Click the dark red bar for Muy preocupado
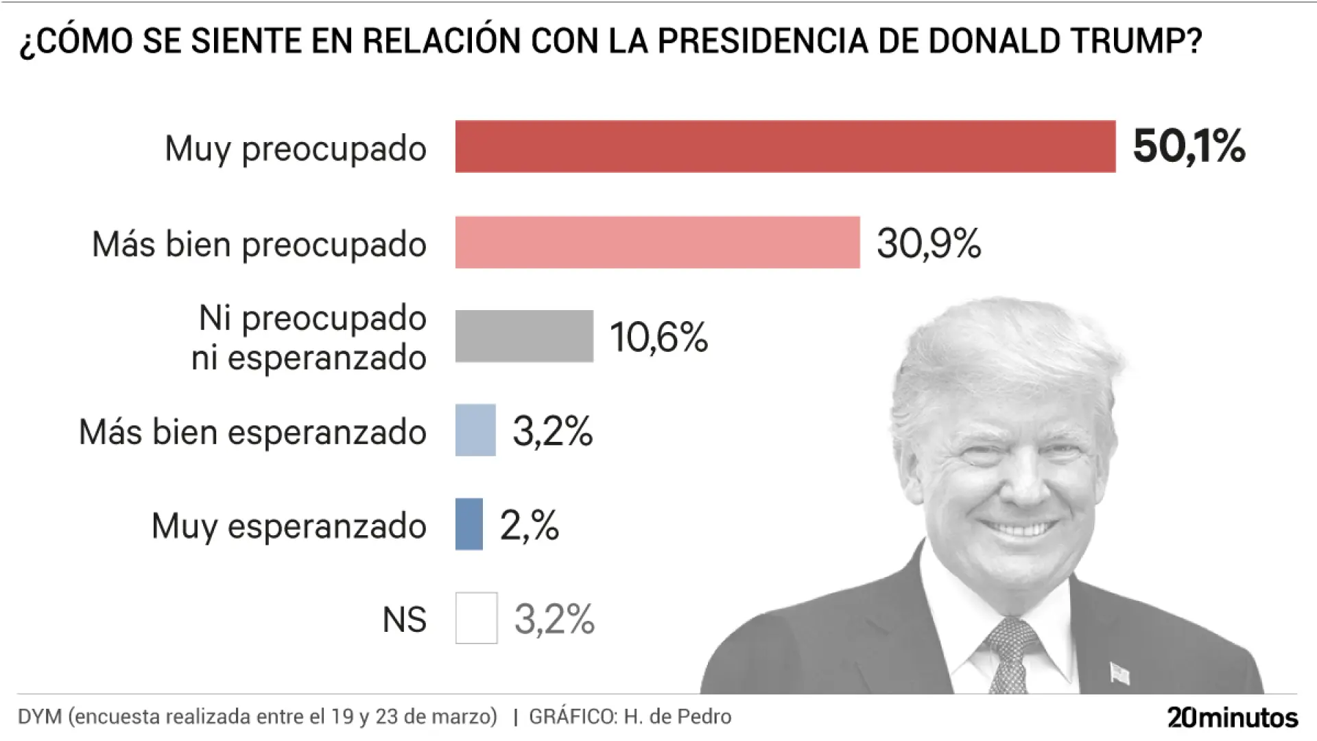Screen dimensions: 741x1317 pyautogui.click(x=785, y=146)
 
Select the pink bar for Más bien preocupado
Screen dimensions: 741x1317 pyautogui.click(x=657, y=242)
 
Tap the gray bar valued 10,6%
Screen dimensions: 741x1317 pyautogui.click(x=524, y=336)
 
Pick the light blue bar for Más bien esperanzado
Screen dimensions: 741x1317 pyautogui.click(x=475, y=430)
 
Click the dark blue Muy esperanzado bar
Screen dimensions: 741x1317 pyautogui.click(x=469, y=524)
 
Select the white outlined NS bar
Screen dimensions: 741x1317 pyautogui.click(x=476, y=618)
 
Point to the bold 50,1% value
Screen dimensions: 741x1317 pyautogui.click(x=1189, y=146)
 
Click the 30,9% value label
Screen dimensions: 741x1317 pyautogui.click(x=929, y=244)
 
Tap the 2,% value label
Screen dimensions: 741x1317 pyautogui.click(x=529, y=526)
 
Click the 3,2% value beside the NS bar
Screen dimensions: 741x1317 pyautogui.click(x=554, y=620)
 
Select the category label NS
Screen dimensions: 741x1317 pyautogui.click(x=404, y=620)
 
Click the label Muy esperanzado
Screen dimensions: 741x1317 pyautogui.click(x=289, y=526)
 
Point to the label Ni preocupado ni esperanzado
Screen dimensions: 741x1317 pyautogui.click(x=309, y=338)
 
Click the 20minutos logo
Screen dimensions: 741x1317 pyautogui.click(x=1233, y=717)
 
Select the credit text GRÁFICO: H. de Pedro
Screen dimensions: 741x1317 pyautogui.click(x=630, y=717)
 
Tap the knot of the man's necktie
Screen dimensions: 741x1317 pyautogui.click(x=1012, y=635)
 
